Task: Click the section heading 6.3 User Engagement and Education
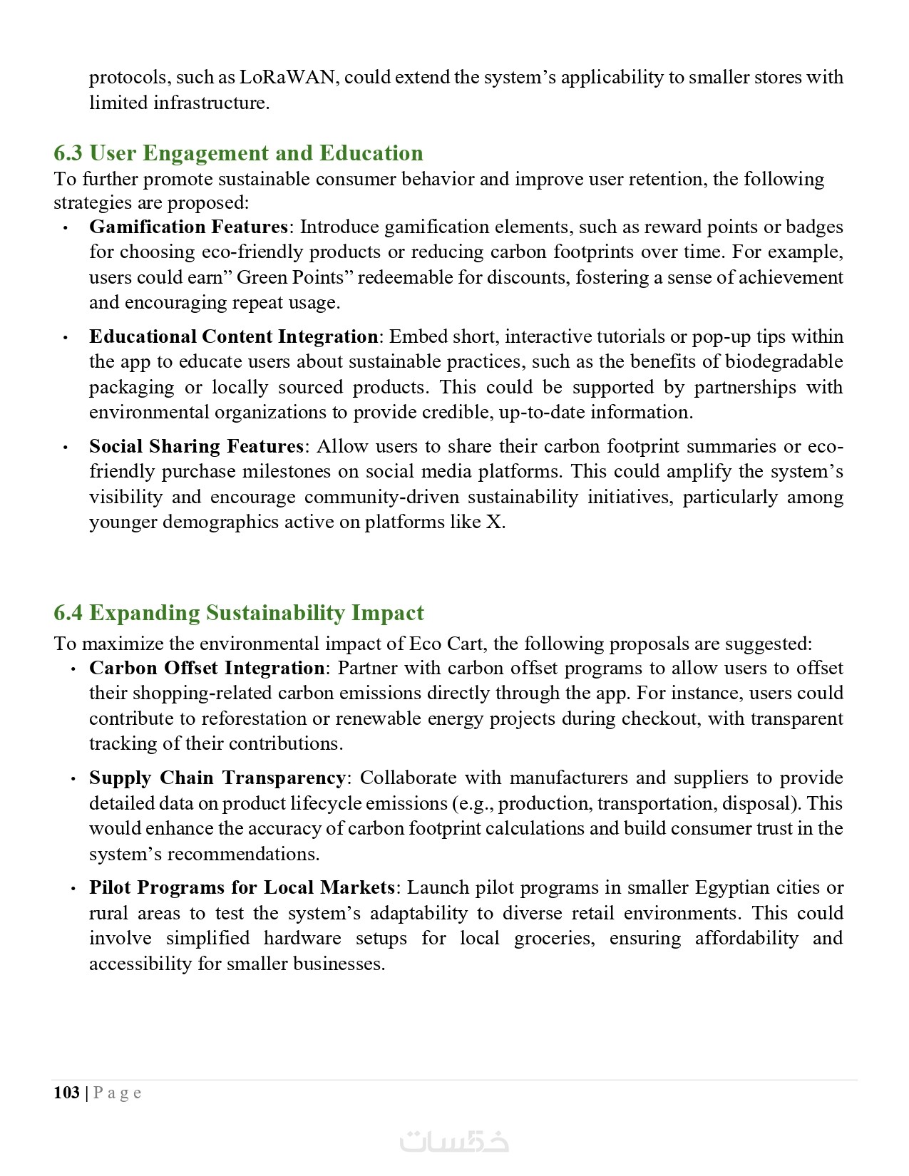[238, 153]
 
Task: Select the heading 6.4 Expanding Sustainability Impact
[238, 613]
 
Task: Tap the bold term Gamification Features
[188, 227]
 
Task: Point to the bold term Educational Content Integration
[233, 336]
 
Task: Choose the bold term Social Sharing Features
[196, 446]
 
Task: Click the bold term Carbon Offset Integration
[207, 668]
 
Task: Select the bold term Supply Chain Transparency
[217, 778]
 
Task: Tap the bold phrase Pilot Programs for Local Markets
[242, 887]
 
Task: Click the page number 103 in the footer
[66, 1093]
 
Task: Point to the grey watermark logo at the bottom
[454, 1140]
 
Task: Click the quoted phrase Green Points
[280, 277]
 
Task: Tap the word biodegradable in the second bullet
[784, 361]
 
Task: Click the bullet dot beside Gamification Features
[66, 228]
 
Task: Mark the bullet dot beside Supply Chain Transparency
[73, 779]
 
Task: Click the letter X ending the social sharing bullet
[493, 522]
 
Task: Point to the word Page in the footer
[118, 1093]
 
